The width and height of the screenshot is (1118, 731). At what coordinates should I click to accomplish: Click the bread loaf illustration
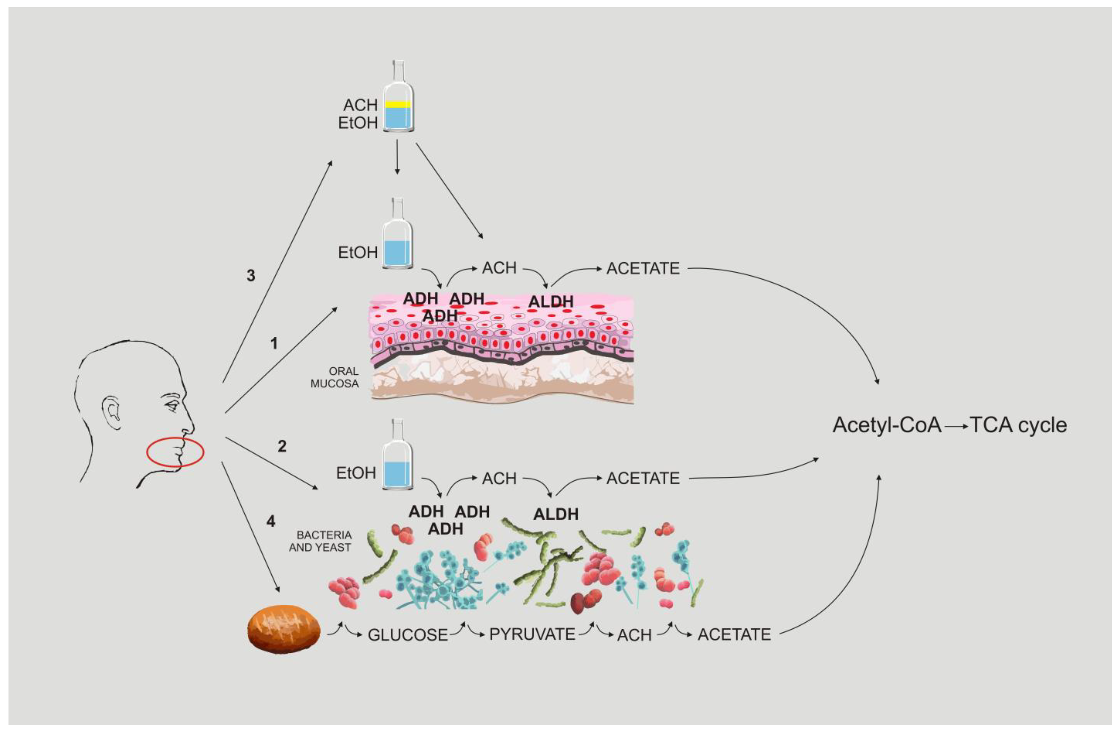(x=284, y=628)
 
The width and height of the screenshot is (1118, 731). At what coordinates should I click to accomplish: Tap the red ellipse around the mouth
(x=175, y=453)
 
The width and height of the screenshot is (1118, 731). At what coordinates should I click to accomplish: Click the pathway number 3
(x=251, y=275)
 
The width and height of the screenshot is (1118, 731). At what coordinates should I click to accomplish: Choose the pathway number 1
(x=274, y=344)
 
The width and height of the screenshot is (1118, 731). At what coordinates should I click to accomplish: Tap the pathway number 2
(x=282, y=446)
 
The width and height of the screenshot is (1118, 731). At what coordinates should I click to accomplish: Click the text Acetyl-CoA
(x=887, y=425)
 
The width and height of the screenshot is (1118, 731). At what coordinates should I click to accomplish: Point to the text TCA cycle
(x=1018, y=425)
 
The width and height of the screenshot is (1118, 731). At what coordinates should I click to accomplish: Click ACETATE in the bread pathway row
(x=734, y=635)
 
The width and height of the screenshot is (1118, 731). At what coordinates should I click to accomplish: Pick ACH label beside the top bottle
(x=360, y=105)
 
